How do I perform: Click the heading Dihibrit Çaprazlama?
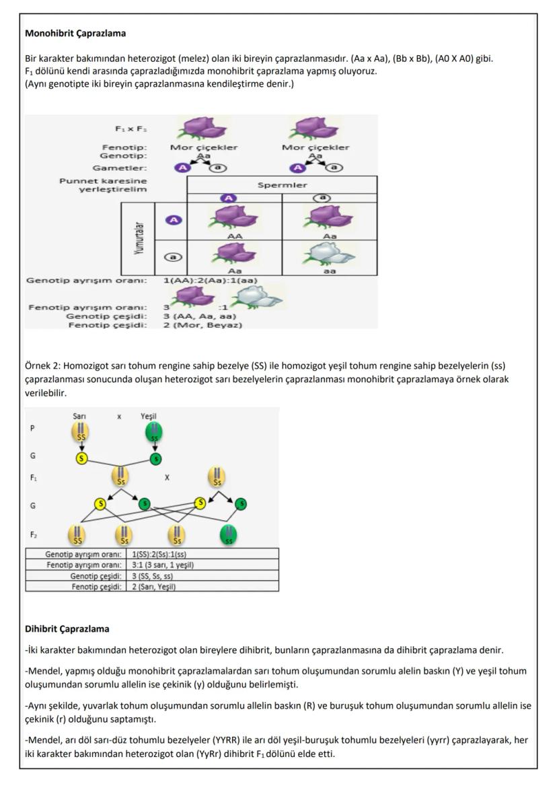point(67,629)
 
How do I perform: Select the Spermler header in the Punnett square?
point(282,184)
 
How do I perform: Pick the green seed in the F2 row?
point(229,536)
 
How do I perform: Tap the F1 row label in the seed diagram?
point(34,478)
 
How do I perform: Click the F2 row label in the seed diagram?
point(34,536)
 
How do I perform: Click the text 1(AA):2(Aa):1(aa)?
point(211,280)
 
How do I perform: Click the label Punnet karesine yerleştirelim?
point(104,185)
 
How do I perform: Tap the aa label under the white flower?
point(329,271)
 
